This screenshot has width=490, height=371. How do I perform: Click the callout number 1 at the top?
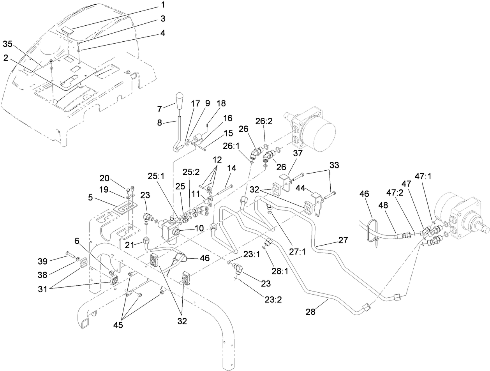point(163,5)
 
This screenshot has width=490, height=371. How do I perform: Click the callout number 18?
point(221,103)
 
